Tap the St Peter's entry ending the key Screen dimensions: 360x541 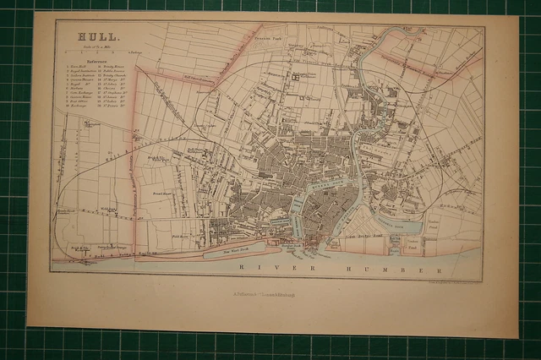(114, 108)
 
